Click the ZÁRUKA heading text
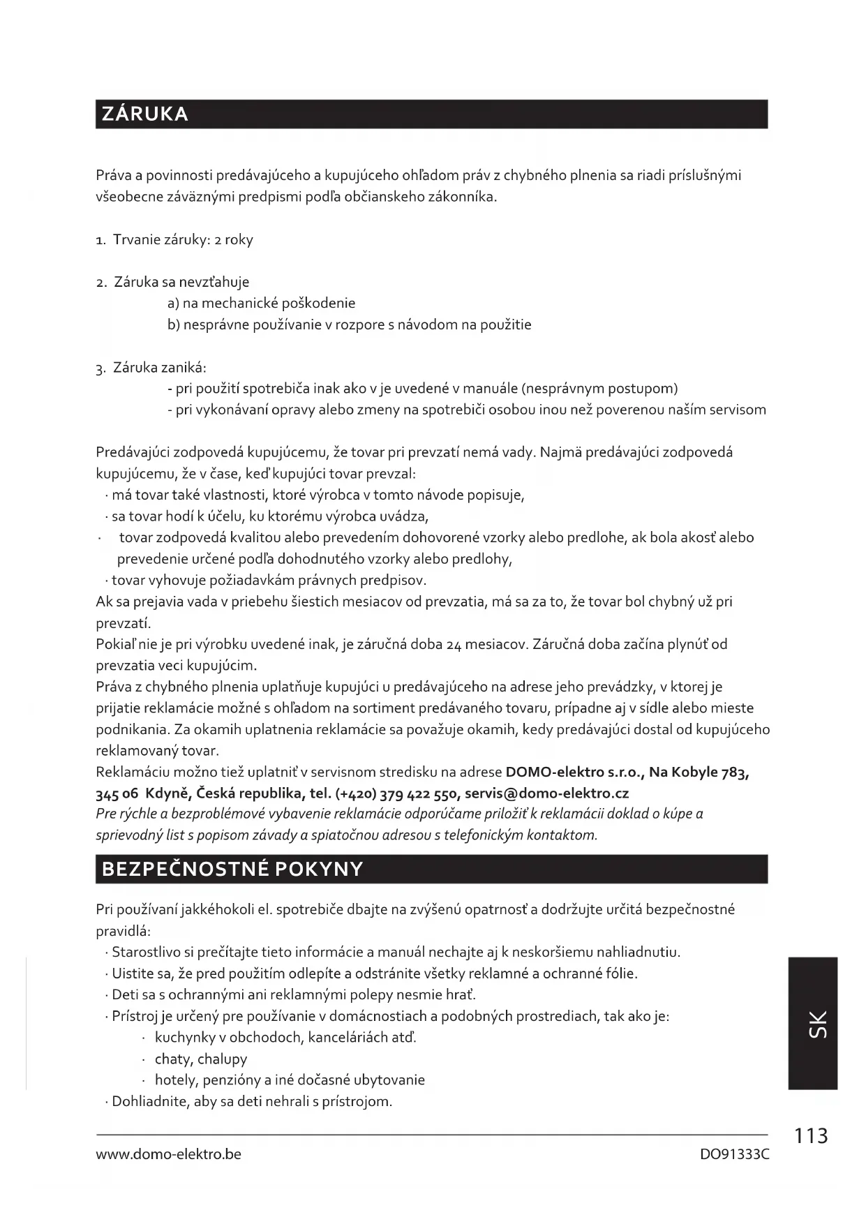pyautogui.click(x=145, y=114)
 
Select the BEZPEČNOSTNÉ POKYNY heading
pyautogui.click(x=232, y=869)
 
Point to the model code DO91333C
pyautogui.click(x=734, y=1154)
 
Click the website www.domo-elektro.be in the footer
pyautogui.click(x=168, y=1154)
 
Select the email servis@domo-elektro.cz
pyautogui.click(x=546, y=793)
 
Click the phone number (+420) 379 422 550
pyautogui.click(x=397, y=793)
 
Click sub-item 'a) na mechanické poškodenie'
pyautogui.click(x=262, y=303)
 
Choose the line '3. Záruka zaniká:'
pyautogui.click(x=151, y=367)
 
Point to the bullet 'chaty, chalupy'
pyautogui.click(x=201, y=1059)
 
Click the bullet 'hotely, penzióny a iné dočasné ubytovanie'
pyautogui.click(x=290, y=1080)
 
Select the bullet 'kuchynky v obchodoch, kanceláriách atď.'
pyautogui.click(x=285, y=1037)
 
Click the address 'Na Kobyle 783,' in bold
pyautogui.click(x=699, y=772)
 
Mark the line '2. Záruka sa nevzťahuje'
pyautogui.click(x=173, y=282)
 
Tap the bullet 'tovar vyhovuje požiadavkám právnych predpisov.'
pyautogui.click(x=269, y=580)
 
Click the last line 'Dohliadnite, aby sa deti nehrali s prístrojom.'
pyautogui.click(x=252, y=1101)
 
